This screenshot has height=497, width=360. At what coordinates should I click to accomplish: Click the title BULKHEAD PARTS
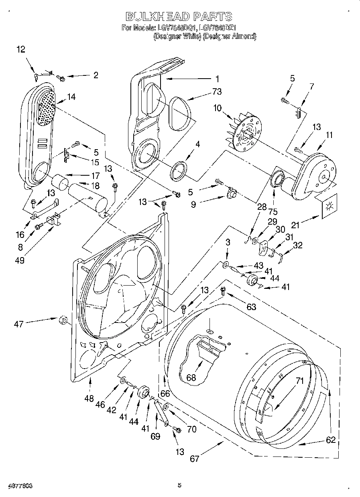tap(179, 16)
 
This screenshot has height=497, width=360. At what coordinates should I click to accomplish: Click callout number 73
tap(217, 92)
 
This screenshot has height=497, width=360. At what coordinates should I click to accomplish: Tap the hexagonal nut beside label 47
tap(62, 320)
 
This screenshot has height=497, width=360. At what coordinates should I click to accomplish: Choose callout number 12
tap(21, 49)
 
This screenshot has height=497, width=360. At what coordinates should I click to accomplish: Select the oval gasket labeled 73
tap(179, 114)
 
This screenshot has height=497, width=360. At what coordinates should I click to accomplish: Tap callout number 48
tap(89, 398)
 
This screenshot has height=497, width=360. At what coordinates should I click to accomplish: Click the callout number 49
tap(19, 260)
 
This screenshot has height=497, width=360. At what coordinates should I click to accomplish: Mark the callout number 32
tap(298, 245)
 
